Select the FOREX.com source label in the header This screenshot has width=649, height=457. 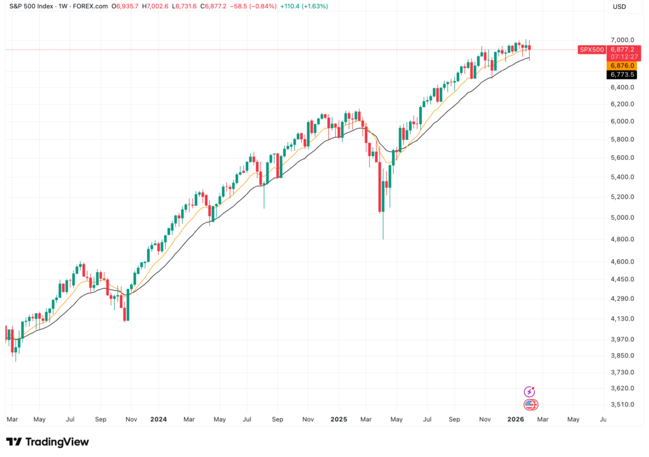[x=90, y=7]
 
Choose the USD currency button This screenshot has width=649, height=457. [x=619, y=7]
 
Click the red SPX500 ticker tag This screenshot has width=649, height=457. [x=591, y=49]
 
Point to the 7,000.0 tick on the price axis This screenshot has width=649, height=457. [x=621, y=39]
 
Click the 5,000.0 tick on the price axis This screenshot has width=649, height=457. [x=621, y=218]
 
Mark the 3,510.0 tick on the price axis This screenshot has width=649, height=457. [x=621, y=405]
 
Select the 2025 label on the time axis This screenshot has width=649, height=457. [x=339, y=419]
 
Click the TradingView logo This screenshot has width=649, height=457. [x=47, y=442]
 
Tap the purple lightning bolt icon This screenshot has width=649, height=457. [x=530, y=392]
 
